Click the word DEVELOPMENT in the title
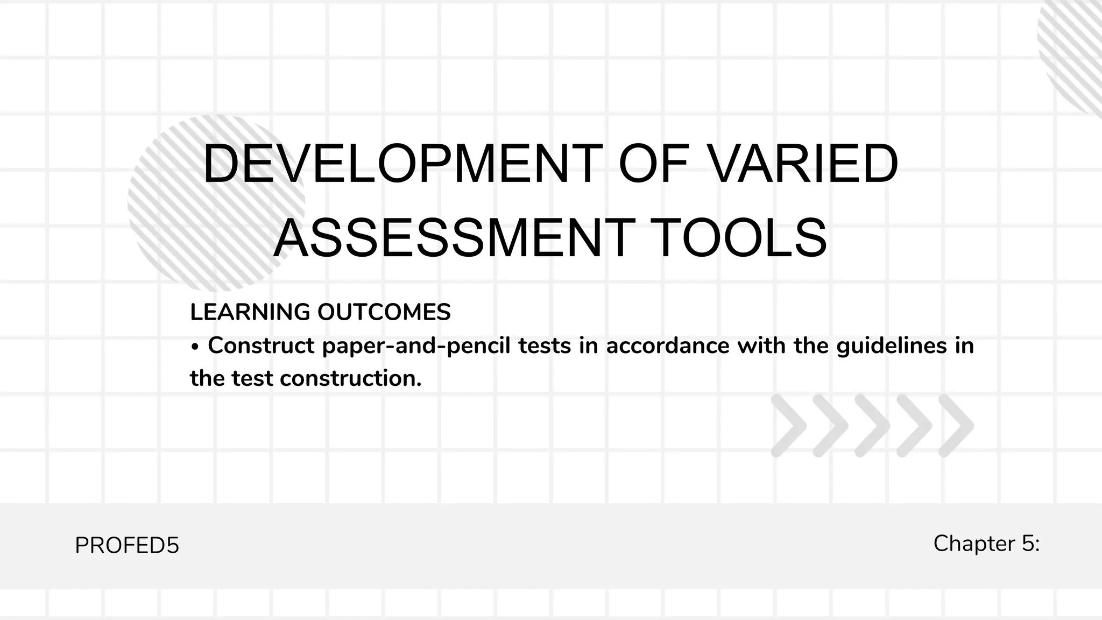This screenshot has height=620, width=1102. click(402, 164)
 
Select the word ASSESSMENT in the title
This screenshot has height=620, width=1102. click(452, 238)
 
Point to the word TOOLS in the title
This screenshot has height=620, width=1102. click(741, 238)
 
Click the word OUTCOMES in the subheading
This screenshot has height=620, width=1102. click(384, 312)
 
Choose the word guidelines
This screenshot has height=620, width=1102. click(891, 346)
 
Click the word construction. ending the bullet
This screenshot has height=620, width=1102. click(351, 378)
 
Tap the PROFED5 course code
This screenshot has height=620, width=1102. click(127, 546)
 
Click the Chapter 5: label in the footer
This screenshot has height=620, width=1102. click(986, 543)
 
